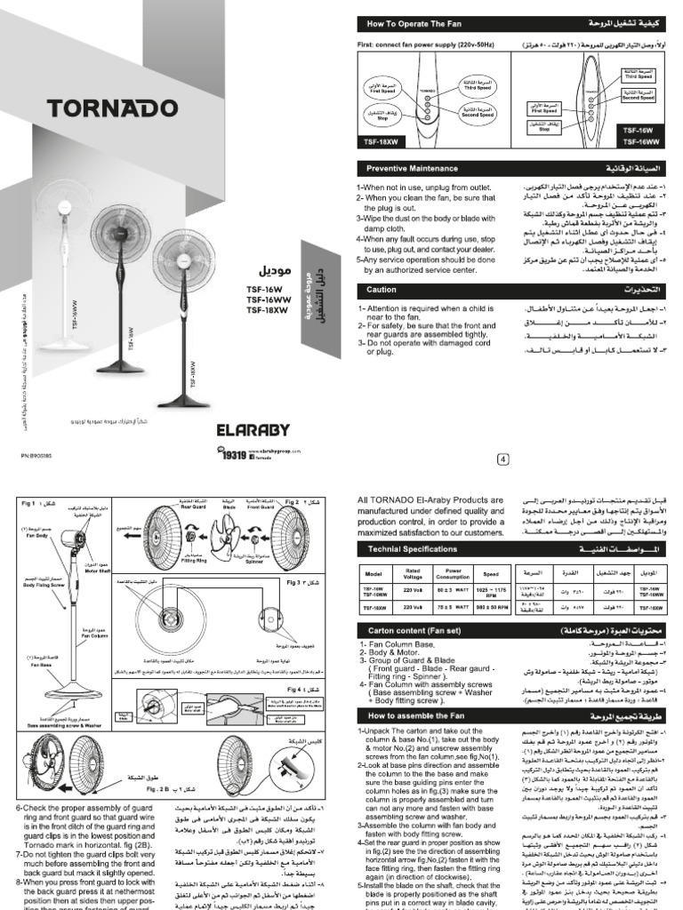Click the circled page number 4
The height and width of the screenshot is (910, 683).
click(502, 459)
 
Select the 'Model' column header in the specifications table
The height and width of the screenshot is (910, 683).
click(374, 573)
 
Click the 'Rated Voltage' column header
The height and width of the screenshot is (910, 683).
click(411, 573)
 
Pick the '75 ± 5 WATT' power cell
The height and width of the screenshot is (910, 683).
click(456, 607)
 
